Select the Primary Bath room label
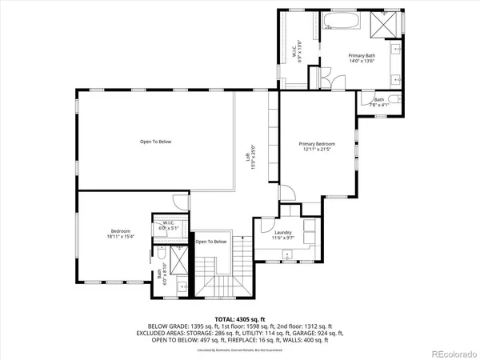tap(362, 58)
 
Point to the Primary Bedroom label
tap(317, 146)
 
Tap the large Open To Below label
tap(155, 142)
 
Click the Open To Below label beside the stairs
tap(212, 242)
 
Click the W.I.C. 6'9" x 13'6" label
tap(297, 52)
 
